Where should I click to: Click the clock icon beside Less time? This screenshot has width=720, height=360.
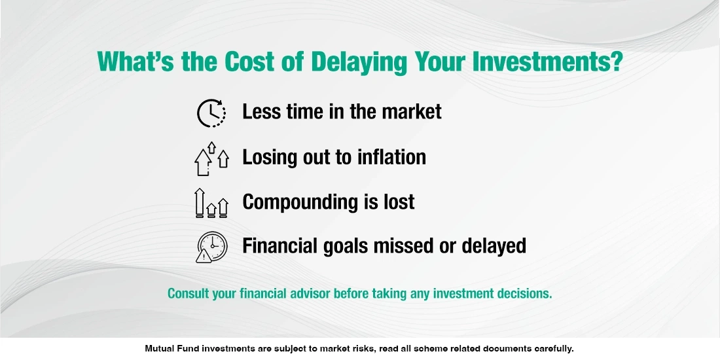[211, 113]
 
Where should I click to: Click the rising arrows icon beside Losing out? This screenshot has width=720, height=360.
[211, 158]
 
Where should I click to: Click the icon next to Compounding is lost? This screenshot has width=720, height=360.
[211, 203]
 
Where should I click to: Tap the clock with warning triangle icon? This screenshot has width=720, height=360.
[211, 247]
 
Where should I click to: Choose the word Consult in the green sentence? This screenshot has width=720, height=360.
[188, 293]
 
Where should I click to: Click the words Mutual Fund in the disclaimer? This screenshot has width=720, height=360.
[171, 349]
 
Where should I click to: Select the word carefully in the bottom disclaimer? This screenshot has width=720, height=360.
[551, 349]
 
